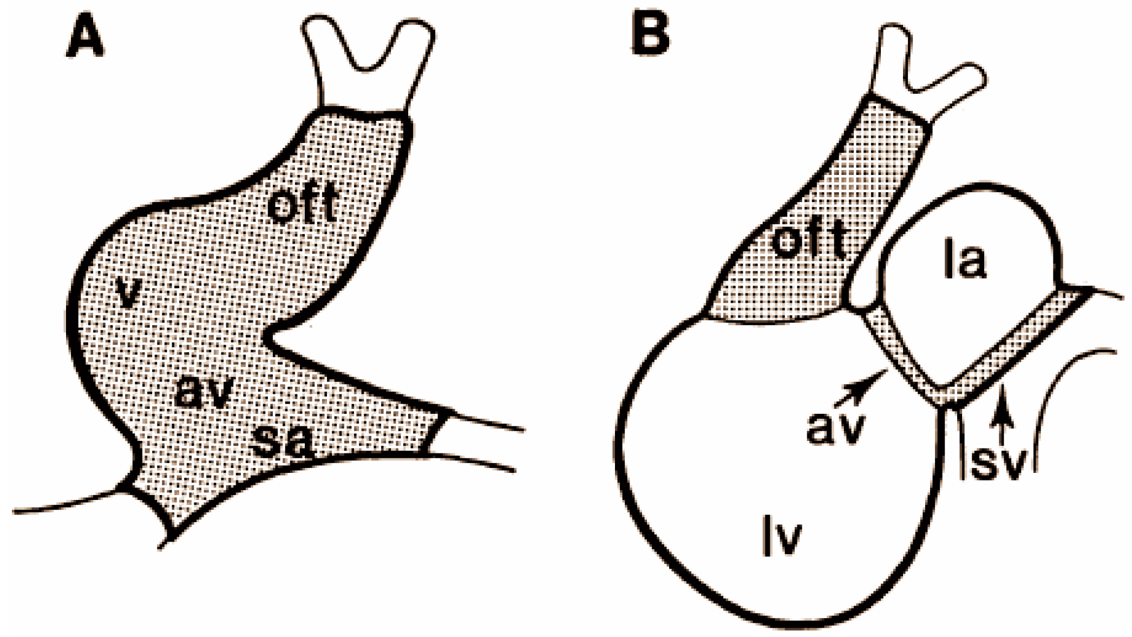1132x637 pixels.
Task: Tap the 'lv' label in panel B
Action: click(781, 535)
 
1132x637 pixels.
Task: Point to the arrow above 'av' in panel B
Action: click(861, 388)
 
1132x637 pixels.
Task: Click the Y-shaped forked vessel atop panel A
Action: click(368, 60)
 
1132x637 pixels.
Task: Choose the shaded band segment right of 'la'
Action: click(1018, 341)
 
